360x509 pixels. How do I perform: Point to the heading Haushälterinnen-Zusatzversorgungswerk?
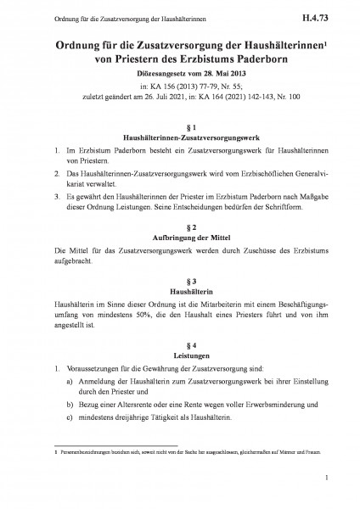click(x=179, y=136)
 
